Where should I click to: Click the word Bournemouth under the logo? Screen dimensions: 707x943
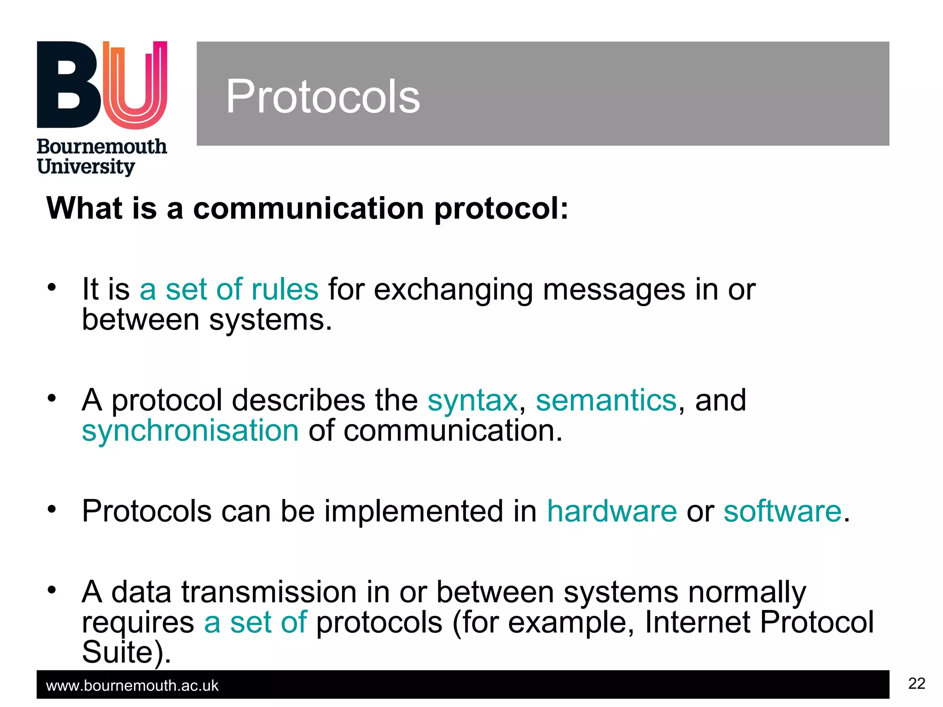click(x=102, y=147)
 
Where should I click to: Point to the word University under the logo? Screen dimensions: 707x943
click(x=86, y=167)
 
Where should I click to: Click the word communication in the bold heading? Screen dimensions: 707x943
click(x=309, y=208)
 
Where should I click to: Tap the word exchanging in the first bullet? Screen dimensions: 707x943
click(x=453, y=290)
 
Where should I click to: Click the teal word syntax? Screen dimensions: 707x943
click(x=472, y=400)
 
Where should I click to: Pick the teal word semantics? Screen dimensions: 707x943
click(x=606, y=400)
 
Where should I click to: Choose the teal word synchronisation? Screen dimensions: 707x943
click(x=190, y=431)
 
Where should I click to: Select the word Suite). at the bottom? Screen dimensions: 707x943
click(x=126, y=652)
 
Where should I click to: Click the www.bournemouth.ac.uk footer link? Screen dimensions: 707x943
click(x=132, y=686)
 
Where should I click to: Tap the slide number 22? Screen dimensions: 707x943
click(x=916, y=684)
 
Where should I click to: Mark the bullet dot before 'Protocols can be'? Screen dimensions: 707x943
click(x=52, y=509)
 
